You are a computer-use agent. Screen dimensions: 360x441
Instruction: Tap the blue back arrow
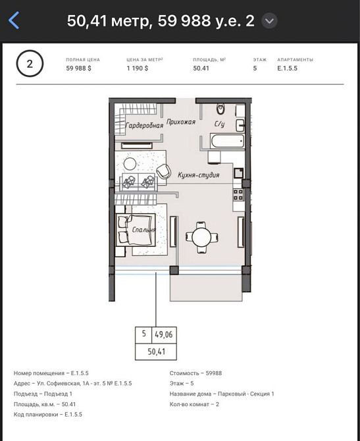point(14,20)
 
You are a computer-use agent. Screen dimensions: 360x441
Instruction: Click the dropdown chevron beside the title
point(269,21)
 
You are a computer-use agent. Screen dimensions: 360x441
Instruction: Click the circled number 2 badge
point(30,64)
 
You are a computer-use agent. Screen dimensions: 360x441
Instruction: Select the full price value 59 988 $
point(78,68)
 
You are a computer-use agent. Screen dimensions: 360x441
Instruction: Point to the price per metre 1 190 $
point(138,68)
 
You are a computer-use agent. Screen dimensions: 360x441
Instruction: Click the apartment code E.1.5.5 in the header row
point(287,68)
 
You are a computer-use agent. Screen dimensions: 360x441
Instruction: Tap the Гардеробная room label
point(144,126)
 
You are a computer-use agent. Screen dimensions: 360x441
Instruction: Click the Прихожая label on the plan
point(181,122)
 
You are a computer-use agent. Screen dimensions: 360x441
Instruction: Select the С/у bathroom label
point(219,124)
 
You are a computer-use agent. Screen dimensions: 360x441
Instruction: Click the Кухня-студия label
point(198,175)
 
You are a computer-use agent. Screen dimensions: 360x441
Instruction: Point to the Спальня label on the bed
point(143,230)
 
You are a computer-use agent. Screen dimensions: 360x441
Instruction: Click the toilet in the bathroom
point(220,109)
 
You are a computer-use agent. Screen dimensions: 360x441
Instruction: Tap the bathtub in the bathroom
point(227,141)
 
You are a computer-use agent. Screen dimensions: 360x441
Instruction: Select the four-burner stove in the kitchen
point(238,194)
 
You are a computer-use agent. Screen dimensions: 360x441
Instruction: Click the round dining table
point(201,236)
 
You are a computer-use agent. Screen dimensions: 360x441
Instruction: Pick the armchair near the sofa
point(163,171)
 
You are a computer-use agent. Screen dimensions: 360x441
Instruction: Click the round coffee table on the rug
point(130,164)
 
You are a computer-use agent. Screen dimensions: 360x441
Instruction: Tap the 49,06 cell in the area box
point(164,334)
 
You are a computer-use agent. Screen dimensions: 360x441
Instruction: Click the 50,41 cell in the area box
point(157,351)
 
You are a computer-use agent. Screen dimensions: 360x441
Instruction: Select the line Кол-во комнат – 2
point(194,404)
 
